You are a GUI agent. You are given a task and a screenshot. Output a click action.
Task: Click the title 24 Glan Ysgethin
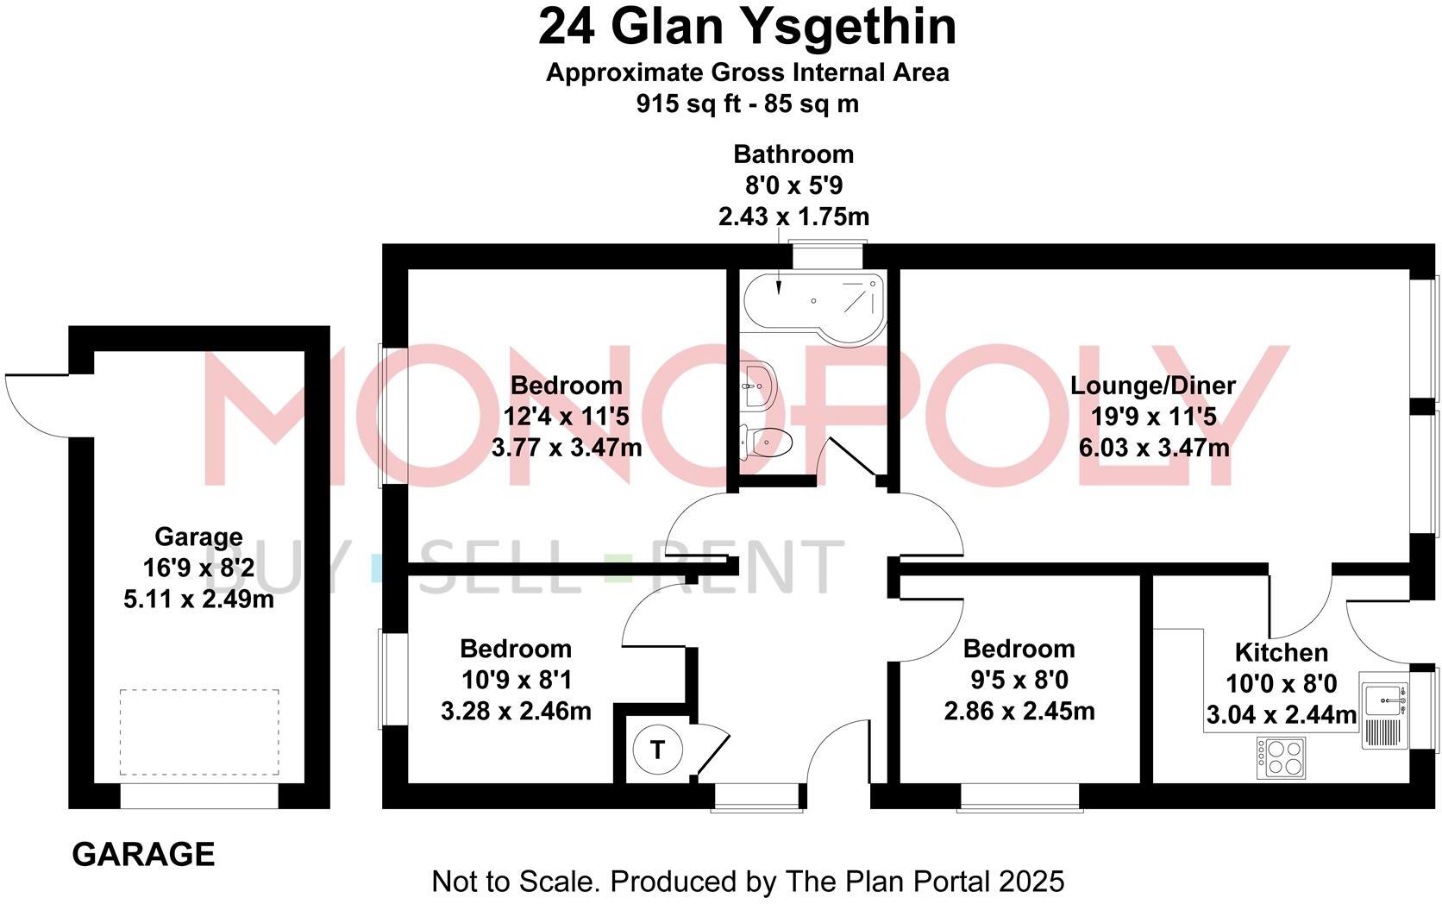[747, 28]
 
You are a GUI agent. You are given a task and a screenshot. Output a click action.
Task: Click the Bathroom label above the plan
[793, 154]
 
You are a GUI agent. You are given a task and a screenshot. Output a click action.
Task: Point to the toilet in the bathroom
[764, 443]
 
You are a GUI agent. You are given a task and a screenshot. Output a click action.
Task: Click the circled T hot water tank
[657, 750]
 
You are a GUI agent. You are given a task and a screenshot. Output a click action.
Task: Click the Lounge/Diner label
[1153, 386]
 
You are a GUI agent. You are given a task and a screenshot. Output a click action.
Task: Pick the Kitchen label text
[1281, 652]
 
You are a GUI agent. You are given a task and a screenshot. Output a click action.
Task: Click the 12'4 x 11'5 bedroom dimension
[566, 417]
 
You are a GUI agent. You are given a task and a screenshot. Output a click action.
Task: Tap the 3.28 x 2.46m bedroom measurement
[516, 712]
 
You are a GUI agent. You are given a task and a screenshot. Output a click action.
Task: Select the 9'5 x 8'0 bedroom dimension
[1019, 681]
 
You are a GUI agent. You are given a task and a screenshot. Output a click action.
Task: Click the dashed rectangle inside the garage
[199, 731]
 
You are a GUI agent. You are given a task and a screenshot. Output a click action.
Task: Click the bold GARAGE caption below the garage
[143, 854]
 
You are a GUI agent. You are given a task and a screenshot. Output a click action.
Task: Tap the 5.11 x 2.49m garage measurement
[198, 599]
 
